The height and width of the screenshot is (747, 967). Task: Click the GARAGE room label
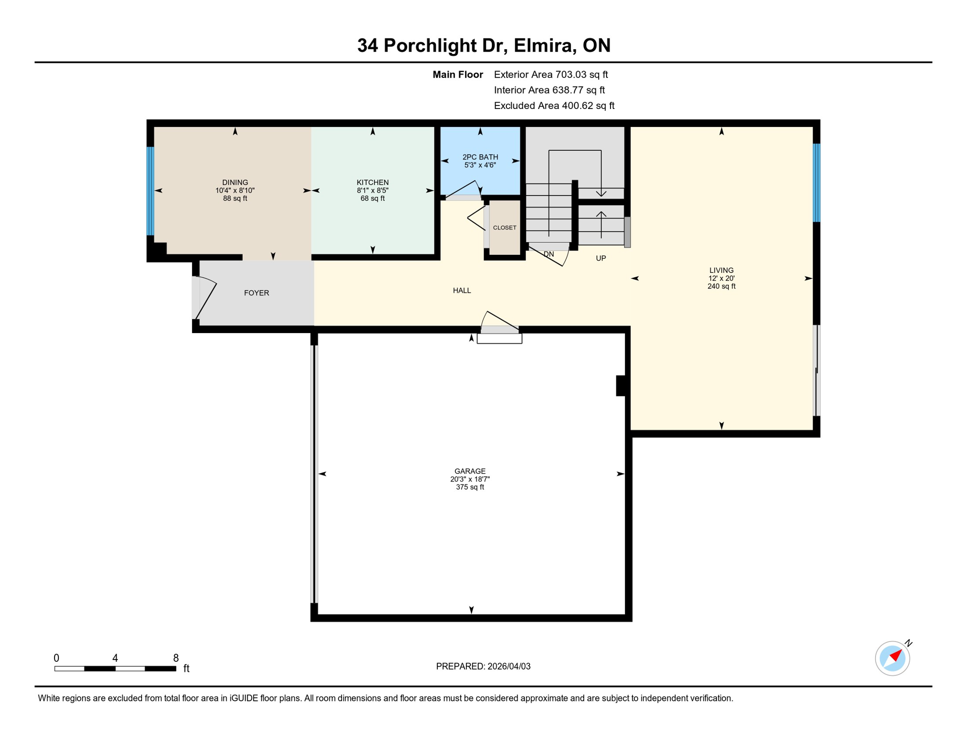[470, 471]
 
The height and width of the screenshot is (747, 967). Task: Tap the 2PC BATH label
[480, 157]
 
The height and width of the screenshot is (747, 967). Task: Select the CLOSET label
[504, 228]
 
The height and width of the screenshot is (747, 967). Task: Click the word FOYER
[256, 293]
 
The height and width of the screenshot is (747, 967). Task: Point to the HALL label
[462, 290]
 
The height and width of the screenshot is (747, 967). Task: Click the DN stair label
[549, 254]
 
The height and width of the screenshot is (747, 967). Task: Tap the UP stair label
[601, 258]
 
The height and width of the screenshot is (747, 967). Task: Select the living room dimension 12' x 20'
[721, 278]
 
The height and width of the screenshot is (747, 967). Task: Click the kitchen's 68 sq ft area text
[373, 198]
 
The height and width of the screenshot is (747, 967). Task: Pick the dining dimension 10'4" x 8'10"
[235, 191]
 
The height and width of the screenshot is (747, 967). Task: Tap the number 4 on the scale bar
[115, 658]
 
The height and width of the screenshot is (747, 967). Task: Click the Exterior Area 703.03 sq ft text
[551, 74]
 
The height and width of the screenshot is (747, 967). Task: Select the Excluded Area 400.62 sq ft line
[554, 106]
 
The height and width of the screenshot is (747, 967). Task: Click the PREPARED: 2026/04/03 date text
[483, 666]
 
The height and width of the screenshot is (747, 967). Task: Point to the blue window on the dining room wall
[150, 191]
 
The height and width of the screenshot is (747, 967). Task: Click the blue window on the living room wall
[817, 182]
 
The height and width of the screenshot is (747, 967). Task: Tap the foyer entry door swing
[204, 298]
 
